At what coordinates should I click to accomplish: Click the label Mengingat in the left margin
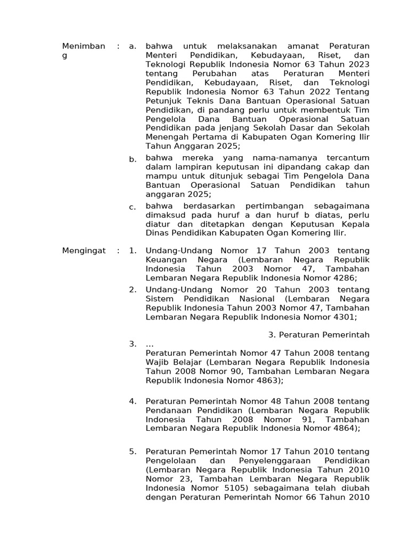click(84, 251)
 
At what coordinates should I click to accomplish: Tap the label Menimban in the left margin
click(84, 46)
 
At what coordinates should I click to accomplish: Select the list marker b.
click(133, 159)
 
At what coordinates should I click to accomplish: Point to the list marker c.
click(133, 207)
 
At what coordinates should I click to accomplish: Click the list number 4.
click(133, 401)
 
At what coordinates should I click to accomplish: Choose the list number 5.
click(133, 452)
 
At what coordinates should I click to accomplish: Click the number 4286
click(343, 278)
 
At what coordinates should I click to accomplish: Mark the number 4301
click(343, 317)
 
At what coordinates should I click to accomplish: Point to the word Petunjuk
click(163, 101)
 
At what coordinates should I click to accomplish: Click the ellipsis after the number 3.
click(150, 344)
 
